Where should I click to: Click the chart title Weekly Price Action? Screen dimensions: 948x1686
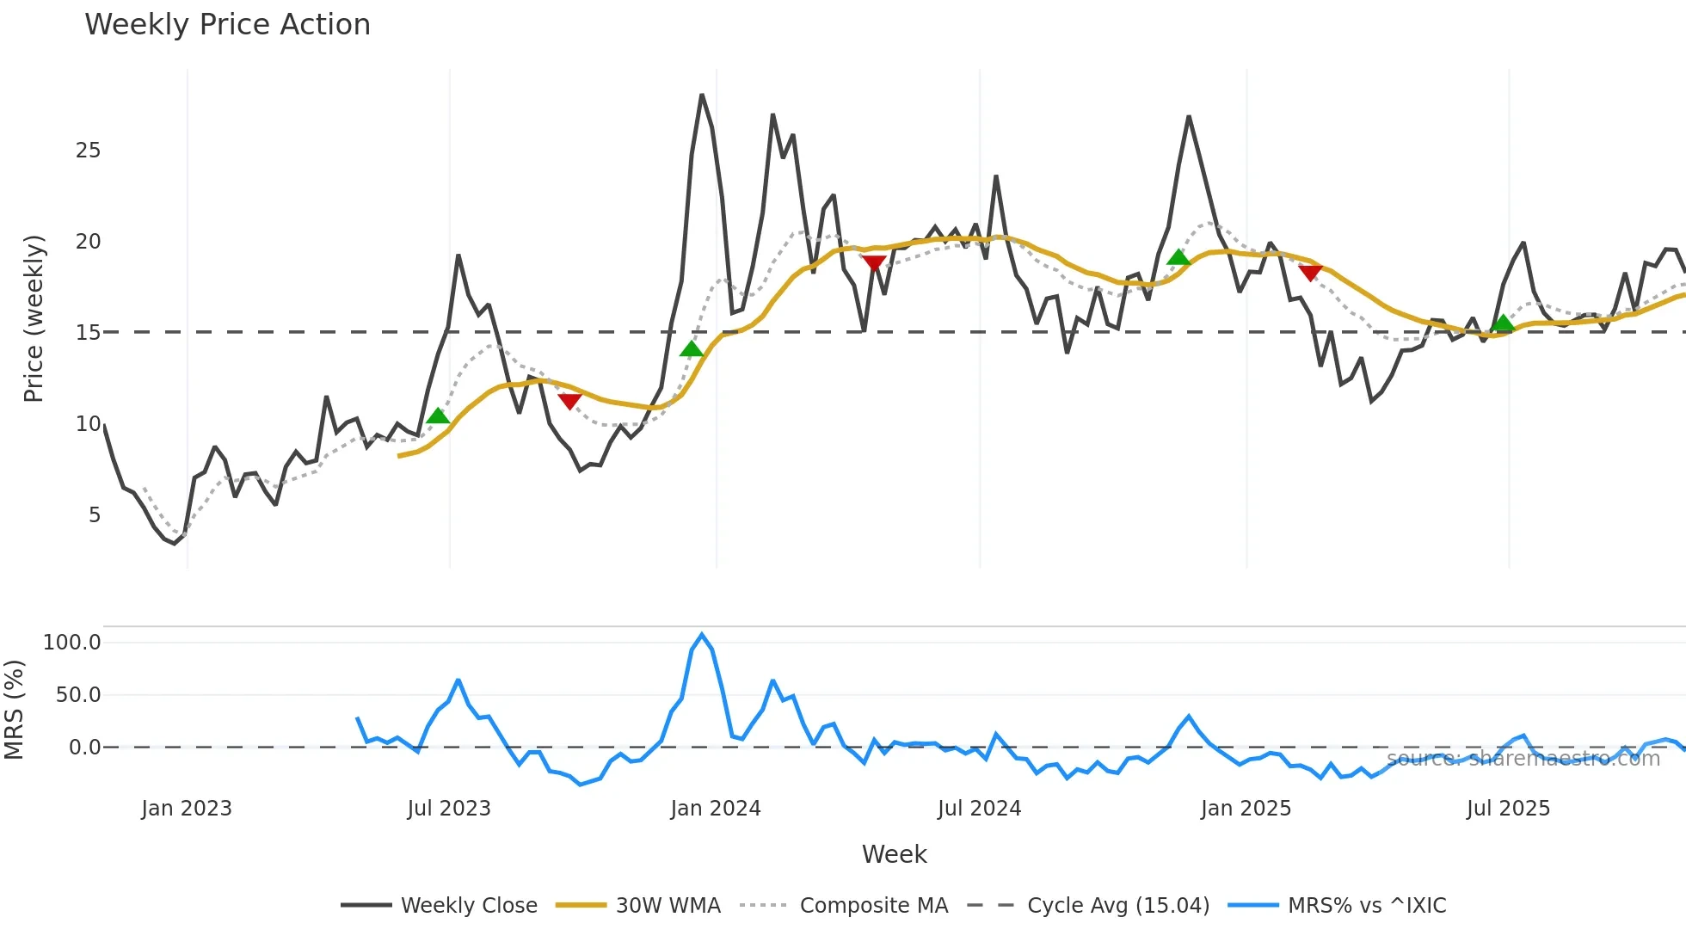(227, 24)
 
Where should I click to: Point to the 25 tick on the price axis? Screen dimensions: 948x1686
(88, 151)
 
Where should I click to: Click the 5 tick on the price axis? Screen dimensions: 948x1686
(94, 514)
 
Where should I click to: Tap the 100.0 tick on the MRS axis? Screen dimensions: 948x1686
(72, 643)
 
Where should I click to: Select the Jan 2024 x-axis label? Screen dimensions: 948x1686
(716, 809)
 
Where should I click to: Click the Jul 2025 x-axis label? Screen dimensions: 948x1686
(1508, 809)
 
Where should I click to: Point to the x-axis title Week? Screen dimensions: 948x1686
(894, 854)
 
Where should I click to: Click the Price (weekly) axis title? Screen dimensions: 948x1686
(34, 318)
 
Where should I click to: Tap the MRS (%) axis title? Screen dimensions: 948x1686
(14, 710)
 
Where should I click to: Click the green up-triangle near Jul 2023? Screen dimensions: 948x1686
(438, 416)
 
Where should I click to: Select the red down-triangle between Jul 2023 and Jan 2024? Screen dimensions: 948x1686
(569, 401)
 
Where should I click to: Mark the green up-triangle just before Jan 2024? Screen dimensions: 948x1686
(692, 348)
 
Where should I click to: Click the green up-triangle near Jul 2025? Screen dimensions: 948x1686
(1503, 323)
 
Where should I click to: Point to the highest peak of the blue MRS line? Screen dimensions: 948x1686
(702, 635)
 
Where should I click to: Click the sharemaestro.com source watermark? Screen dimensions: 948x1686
(1523, 759)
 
